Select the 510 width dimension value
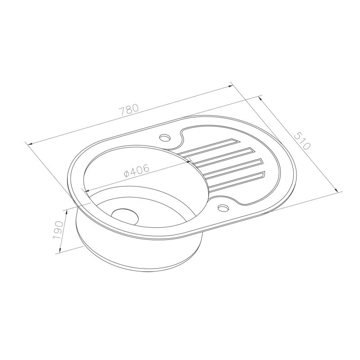pyautogui.click(x=301, y=140)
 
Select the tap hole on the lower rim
pyautogui.click(x=223, y=208)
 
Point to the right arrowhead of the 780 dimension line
pyautogui.click(x=230, y=84)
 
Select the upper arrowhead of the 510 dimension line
pyautogui.click(x=261, y=97)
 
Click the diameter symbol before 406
pyautogui.click(x=126, y=173)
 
